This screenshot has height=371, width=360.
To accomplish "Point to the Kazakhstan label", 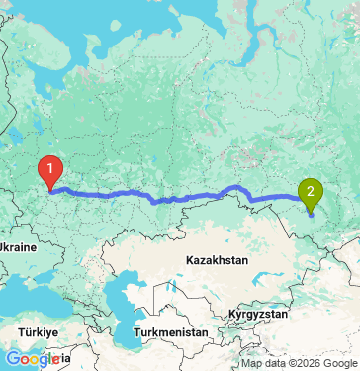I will (x=215, y=260).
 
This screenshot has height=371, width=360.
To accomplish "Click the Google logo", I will (x=31, y=359).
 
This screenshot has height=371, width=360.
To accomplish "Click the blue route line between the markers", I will (x=178, y=197).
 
